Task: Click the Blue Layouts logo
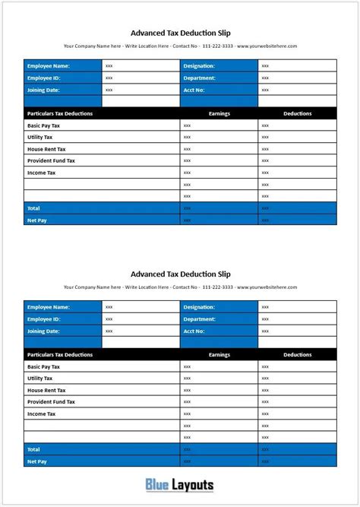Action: click(x=179, y=485)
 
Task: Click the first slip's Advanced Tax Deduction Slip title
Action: click(x=180, y=33)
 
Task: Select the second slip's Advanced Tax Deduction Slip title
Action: click(x=180, y=274)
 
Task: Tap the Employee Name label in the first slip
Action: click(x=49, y=66)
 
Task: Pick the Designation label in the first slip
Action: click(x=199, y=66)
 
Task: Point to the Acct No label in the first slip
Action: click(x=194, y=90)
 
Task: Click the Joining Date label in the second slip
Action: click(x=43, y=331)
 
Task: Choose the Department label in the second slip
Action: click(x=200, y=319)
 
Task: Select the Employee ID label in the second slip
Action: click(x=43, y=319)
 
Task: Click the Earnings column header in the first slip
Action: click(x=219, y=113)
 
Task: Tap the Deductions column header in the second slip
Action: click(x=297, y=354)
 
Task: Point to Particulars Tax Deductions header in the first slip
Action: click(x=60, y=113)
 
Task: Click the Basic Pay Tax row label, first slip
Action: click(x=43, y=125)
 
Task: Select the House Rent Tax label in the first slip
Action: click(x=46, y=149)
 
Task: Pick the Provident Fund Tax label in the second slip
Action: click(x=51, y=401)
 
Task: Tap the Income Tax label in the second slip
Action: click(x=41, y=414)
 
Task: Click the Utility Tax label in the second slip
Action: click(x=39, y=378)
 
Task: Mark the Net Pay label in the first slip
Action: click(x=36, y=220)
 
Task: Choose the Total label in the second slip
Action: click(x=33, y=449)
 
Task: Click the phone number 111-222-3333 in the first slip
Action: click(x=216, y=46)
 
